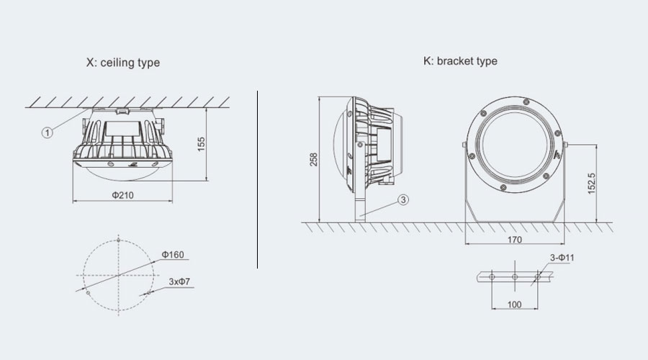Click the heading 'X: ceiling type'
122,63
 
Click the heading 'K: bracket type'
460,61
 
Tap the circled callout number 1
47,132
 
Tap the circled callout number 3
403,199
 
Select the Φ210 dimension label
122,195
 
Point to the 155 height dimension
202,144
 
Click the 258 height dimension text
314,160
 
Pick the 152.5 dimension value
591,183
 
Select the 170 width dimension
515,239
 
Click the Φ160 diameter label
173,255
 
